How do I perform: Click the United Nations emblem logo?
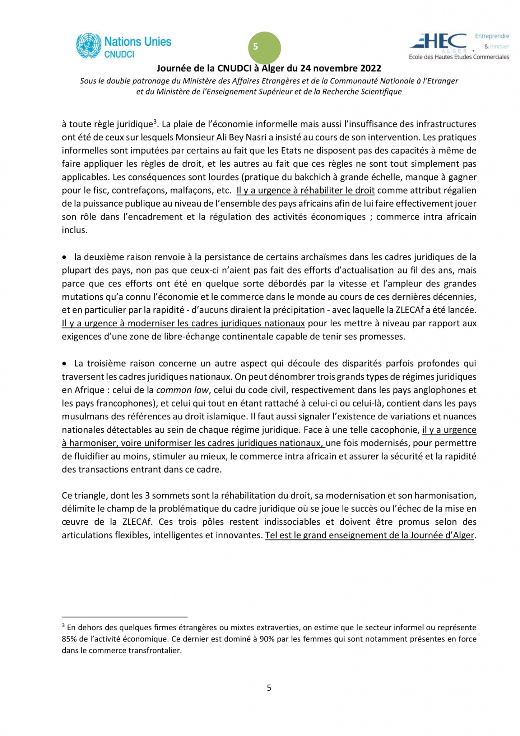pyautogui.click(x=88, y=46)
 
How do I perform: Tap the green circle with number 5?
pyautogui.click(x=264, y=48)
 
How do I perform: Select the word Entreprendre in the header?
pyautogui.click(x=492, y=36)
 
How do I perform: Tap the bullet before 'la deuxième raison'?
pyautogui.click(x=64, y=257)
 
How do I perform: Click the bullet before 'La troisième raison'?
pyautogui.click(x=64, y=364)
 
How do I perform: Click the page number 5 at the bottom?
pyautogui.click(x=269, y=687)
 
